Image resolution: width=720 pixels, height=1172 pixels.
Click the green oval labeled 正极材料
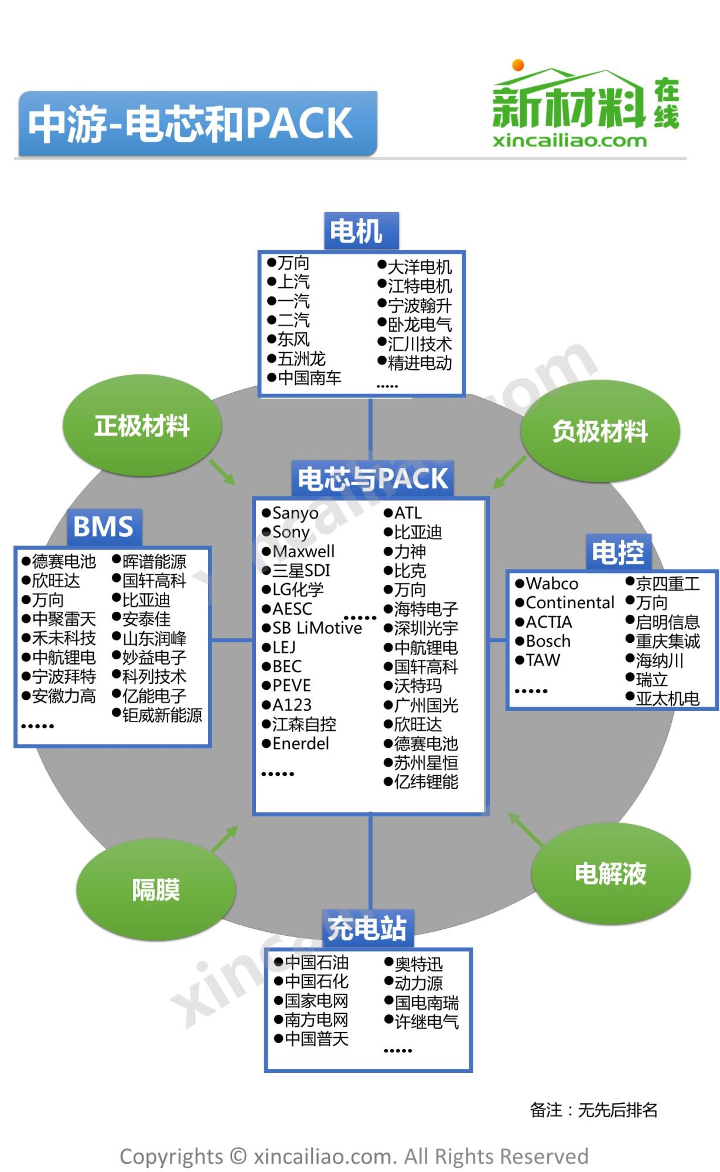142,426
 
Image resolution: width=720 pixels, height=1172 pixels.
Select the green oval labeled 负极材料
600,432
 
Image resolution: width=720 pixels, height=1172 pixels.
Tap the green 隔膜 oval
156,890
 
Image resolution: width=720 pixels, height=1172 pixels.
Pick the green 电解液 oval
610,873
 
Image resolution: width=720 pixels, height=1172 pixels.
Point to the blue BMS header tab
104,526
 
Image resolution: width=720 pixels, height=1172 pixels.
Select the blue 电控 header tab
618,552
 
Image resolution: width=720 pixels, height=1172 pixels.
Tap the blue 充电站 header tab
367,928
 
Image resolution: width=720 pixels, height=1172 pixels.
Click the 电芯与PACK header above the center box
373,479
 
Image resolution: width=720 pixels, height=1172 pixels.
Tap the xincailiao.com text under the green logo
569,141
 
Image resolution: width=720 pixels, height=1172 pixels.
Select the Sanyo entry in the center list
295,513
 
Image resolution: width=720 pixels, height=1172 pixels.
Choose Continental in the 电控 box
569,602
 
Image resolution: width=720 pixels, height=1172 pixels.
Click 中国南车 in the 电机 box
309,378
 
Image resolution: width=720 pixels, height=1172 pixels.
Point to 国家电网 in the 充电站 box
316,1001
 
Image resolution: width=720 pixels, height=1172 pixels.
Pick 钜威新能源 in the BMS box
162,715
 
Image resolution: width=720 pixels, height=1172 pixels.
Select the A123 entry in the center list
292,705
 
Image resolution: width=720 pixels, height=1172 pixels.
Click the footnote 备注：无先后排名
593,1109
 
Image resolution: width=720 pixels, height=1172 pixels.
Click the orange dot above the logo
518,64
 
